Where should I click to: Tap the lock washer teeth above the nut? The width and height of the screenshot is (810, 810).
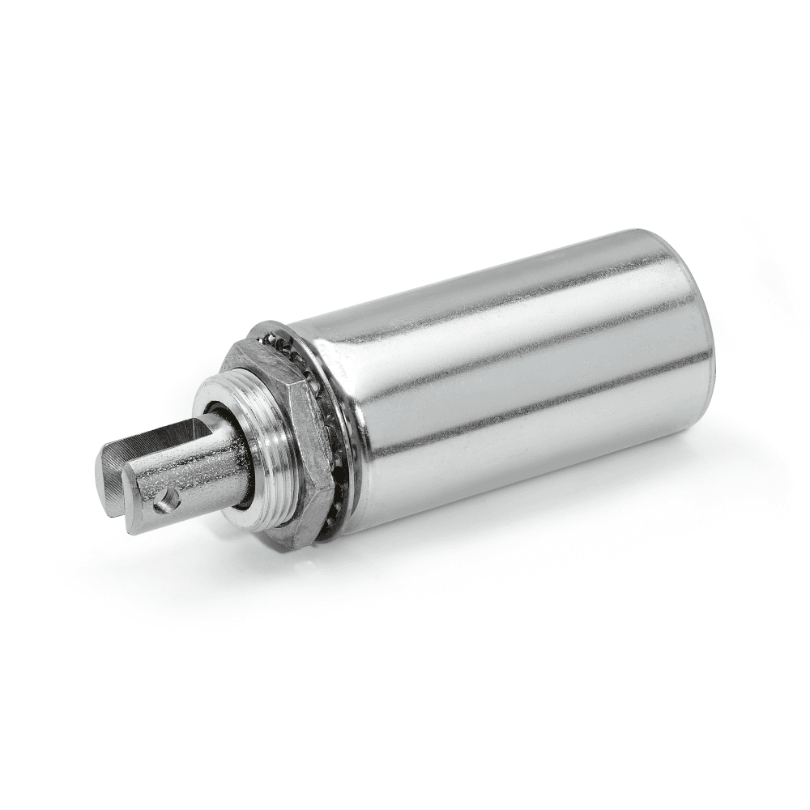pos(283,340)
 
